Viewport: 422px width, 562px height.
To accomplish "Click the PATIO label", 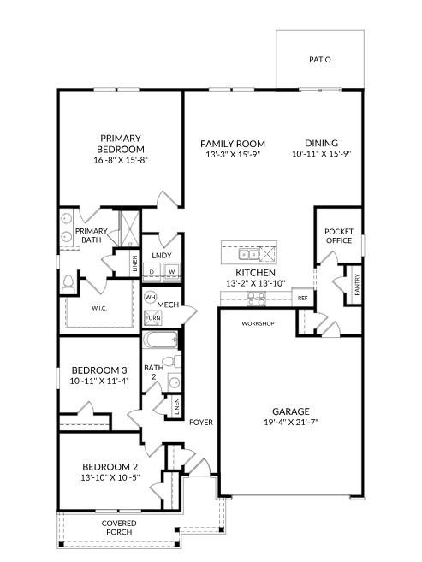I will [320, 60].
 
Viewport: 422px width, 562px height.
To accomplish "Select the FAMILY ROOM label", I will [232, 143].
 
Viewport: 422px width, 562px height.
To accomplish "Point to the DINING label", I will [321, 143].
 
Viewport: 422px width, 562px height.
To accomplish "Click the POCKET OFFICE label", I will [338, 236].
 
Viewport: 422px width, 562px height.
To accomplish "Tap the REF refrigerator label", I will [302, 298].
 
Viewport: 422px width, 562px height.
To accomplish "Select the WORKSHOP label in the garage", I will [257, 323].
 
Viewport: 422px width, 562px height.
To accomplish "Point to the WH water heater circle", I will [151, 298].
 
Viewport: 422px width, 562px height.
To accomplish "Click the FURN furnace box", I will [152, 318].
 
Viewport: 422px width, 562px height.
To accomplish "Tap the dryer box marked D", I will [152, 272].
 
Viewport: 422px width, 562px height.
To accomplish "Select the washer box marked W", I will [171, 272].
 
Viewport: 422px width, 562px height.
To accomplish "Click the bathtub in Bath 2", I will [161, 341].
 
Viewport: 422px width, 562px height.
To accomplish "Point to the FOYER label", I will [200, 422].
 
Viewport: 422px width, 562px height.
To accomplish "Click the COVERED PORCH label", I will [119, 528].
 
